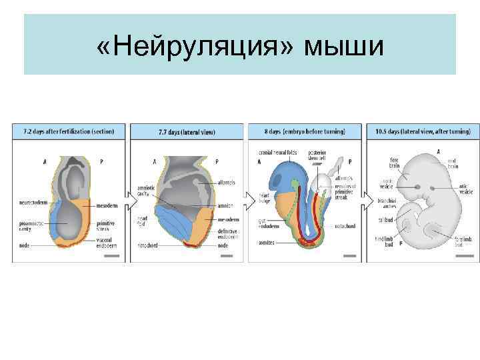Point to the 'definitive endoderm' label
coord(229,231)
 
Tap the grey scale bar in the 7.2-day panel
coord(111,255)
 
